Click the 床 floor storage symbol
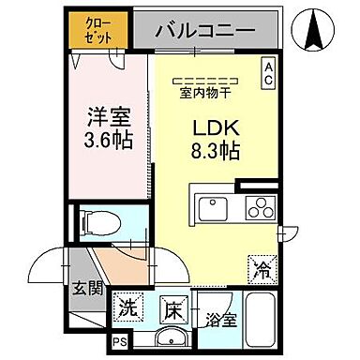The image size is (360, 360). tap(173, 307)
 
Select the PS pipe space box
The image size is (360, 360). tap(119, 342)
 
